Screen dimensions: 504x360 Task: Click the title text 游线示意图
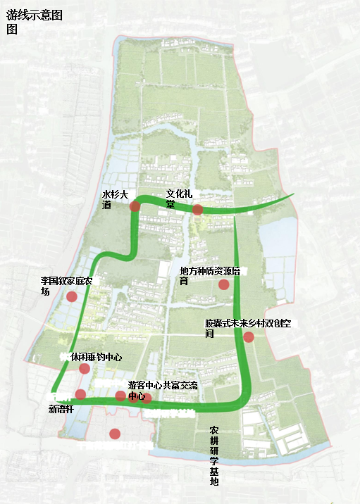pos(33,15)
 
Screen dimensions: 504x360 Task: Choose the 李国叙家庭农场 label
pos(70,285)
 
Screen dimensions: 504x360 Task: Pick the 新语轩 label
pos(61,408)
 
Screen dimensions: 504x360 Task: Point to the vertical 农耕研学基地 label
pos(215,455)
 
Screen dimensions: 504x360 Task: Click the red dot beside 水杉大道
pos(135,206)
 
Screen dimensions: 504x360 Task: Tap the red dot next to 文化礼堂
pos(198,209)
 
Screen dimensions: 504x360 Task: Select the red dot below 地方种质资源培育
pos(223,284)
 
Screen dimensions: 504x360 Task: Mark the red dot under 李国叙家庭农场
pos(71,296)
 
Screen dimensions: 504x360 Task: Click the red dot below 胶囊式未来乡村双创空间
pos(249,337)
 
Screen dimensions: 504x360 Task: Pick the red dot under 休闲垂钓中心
pos(85,368)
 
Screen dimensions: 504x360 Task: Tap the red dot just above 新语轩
pos(81,394)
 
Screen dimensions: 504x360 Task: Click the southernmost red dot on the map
pos(115,434)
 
